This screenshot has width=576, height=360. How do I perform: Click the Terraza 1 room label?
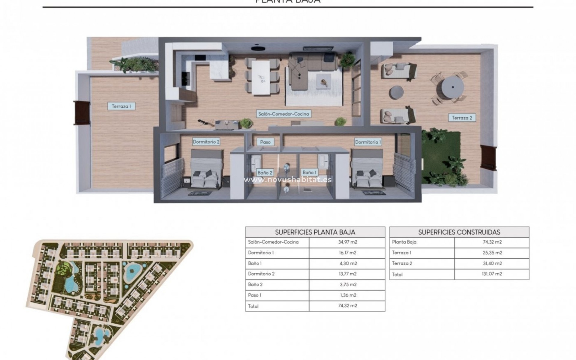click(x=121, y=106)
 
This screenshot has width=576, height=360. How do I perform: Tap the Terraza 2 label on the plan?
click(x=462, y=118)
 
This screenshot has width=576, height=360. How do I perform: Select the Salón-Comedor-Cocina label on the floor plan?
click(x=283, y=114)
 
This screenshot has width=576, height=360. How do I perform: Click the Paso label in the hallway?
click(x=265, y=142)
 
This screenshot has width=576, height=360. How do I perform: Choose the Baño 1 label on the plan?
click(x=309, y=172)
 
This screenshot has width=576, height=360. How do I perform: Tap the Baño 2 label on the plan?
click(x=265, y=172)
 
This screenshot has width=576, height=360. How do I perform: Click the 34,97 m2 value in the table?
click(x=347, y=242)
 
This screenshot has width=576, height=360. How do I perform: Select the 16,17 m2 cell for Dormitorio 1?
click(x=347, y=253)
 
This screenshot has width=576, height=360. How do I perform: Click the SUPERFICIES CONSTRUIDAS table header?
click(x=459, y=232)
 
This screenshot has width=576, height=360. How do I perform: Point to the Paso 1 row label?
click(x=255, y=295)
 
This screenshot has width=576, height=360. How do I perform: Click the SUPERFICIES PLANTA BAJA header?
click(x=315, y=232)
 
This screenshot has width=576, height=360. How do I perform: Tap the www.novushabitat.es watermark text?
click(x=288, y=180)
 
